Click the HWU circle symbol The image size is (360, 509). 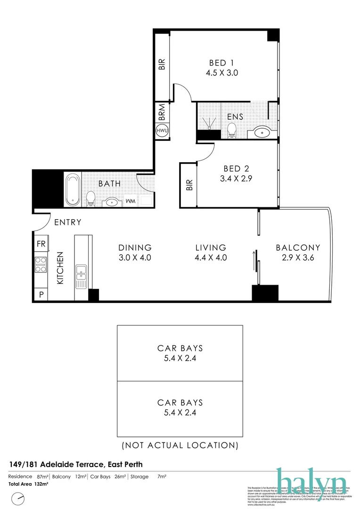point(162,131)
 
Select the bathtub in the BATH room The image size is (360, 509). point(72,189)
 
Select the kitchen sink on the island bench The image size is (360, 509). point(81,276)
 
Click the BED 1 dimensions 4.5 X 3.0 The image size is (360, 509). point(222,73)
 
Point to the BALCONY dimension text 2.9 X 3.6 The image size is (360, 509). point(298,258)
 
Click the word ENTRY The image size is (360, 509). point(67,222)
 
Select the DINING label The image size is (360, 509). point(135,247)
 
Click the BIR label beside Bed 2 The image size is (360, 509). point(190,185)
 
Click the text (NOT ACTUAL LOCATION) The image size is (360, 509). point(180,445)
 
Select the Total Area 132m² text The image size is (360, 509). point(28,484)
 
